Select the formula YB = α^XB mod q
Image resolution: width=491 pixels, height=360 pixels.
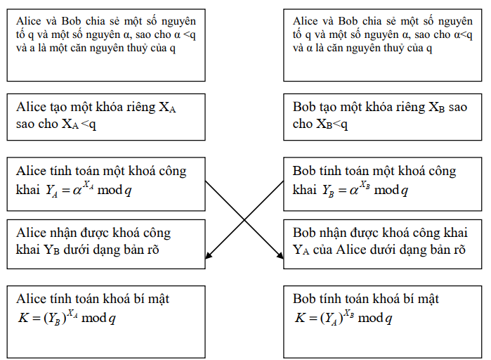365,190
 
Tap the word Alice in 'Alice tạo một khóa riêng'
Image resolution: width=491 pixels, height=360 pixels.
31,108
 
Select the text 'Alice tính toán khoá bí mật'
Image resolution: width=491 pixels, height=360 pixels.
92,300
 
